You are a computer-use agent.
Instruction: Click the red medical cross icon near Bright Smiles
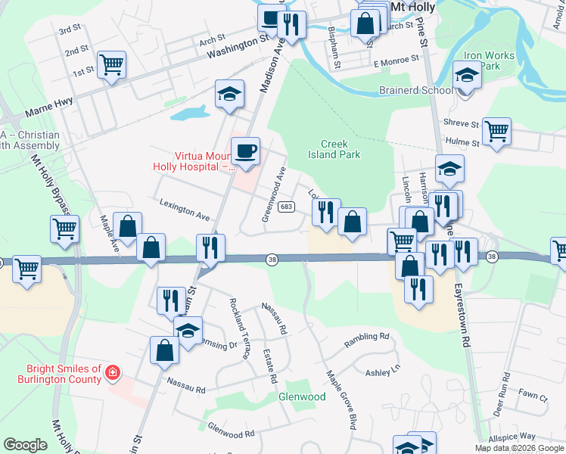[x=113, y=373]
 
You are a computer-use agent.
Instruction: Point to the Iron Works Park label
[x=489, y=61]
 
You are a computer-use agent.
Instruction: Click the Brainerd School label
[x=415, y=91]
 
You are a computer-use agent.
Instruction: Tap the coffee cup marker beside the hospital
[x=245, y=151]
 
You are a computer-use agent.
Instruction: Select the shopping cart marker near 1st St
[x=112, y=66]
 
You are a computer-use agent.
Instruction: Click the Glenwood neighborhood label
[x=302, y=396]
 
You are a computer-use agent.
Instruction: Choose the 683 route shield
[x=286, y=207]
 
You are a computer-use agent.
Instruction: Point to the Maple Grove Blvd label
[x=341, y=400]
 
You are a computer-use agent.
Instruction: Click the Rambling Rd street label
[x=366, y=340]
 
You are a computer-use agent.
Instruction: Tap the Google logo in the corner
[x=25, y=445]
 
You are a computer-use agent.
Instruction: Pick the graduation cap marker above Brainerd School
[x=467, y=76]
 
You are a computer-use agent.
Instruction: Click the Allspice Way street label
[x=512, y=437]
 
